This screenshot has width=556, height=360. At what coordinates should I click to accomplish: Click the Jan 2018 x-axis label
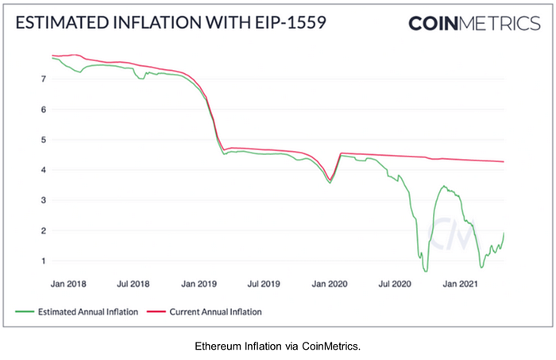68,282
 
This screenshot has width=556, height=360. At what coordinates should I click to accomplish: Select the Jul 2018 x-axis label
133,282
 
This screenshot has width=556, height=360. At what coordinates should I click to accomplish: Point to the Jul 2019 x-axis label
263,282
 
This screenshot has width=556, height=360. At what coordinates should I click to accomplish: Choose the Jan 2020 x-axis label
329,282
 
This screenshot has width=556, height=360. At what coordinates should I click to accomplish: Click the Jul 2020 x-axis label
393,282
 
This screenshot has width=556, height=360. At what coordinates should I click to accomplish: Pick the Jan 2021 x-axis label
460,282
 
